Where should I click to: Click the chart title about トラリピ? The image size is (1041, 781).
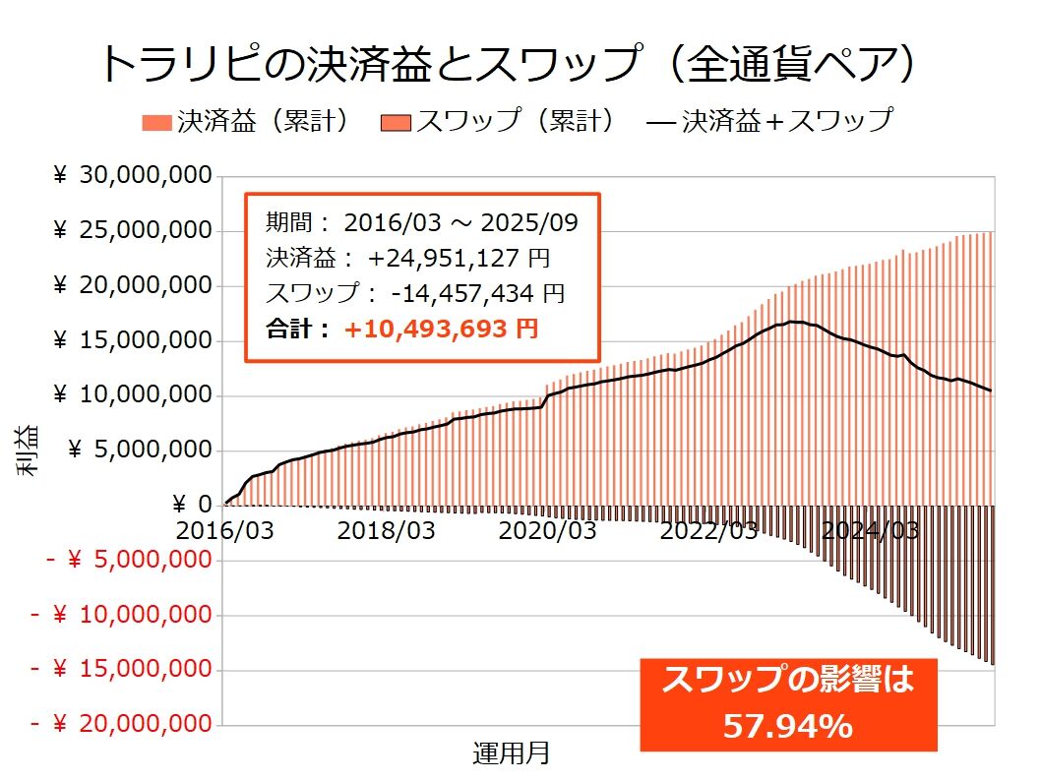point(511,66)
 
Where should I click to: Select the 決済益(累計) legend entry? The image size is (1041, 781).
point(246,121)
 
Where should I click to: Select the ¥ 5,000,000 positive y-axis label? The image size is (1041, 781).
point(143,450)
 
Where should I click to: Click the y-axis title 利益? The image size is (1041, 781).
point(29,451)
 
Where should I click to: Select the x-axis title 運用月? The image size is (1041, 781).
point(511,754)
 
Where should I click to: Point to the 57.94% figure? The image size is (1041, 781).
point(787,726)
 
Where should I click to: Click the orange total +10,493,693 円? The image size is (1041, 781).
point(441,330)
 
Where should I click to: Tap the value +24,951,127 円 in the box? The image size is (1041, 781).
point(459,259)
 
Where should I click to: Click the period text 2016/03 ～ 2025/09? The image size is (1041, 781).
point(459,222)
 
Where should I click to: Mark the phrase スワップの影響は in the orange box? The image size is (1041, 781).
point(787,680)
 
